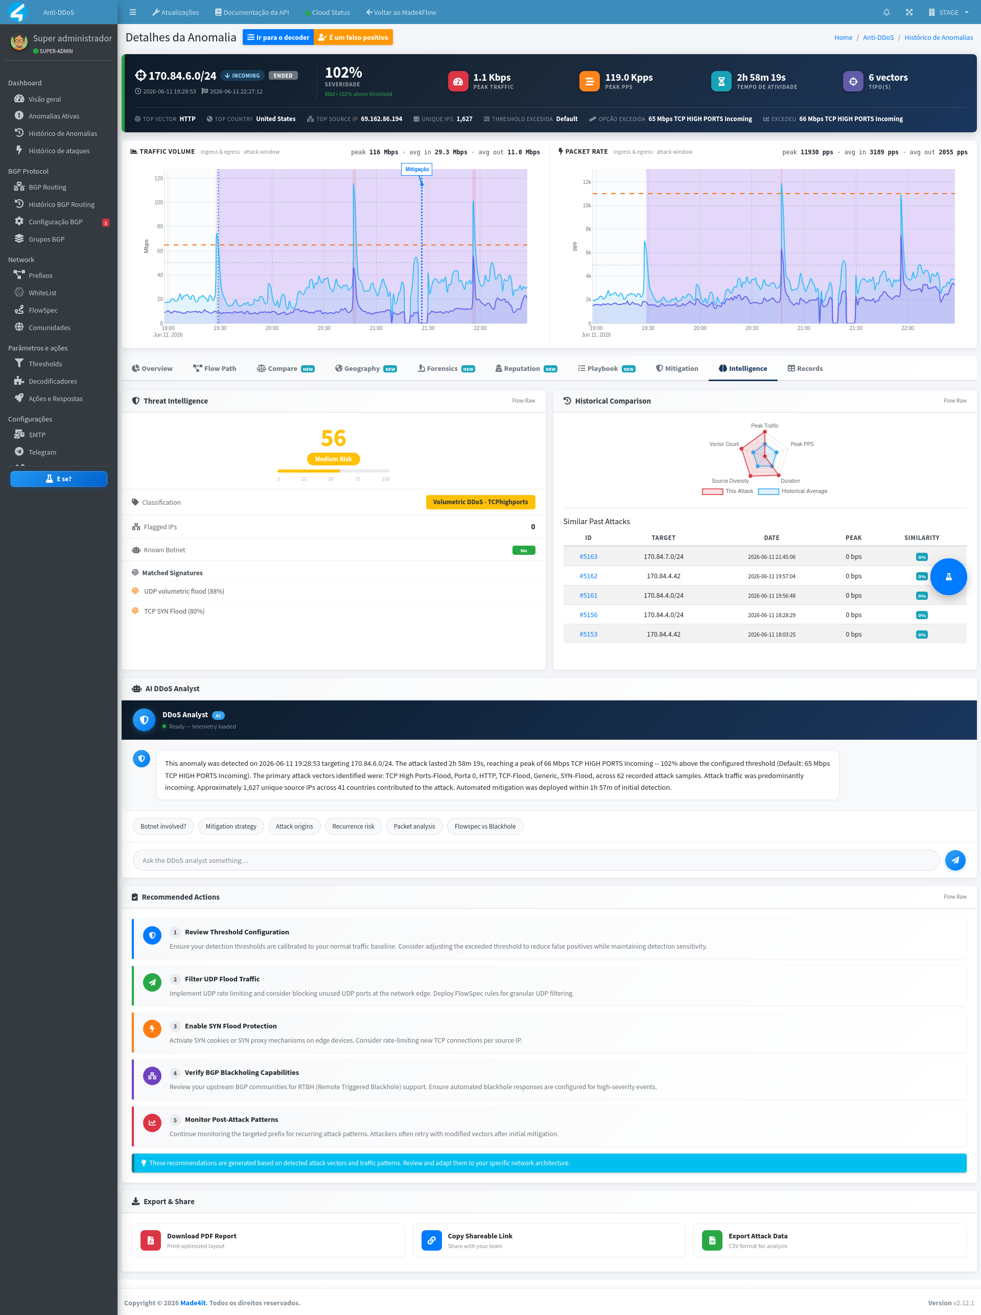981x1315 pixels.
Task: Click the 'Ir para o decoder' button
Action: point(278,37)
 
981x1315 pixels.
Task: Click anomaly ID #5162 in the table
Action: point(588,576)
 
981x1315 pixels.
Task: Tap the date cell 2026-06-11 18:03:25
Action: point(772,635)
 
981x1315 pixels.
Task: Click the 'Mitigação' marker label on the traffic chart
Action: point(417,169)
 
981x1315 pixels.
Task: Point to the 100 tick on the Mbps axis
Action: point(158,202)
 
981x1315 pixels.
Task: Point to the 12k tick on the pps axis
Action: point(587,182)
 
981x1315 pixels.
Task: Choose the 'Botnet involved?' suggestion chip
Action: point(163,827)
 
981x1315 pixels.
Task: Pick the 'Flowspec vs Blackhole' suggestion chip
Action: point(485,827)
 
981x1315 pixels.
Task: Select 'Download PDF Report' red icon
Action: point(151,1240)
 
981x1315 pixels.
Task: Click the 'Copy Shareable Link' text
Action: point(480,1236)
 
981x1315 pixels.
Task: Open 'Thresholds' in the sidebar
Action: point(45,364)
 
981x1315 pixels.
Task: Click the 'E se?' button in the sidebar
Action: point(59,479)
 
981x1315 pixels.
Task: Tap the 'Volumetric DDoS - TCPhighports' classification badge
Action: point(480,502)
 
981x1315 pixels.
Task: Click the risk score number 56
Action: point(333,438)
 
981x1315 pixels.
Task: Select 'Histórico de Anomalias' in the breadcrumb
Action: point(938,37)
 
